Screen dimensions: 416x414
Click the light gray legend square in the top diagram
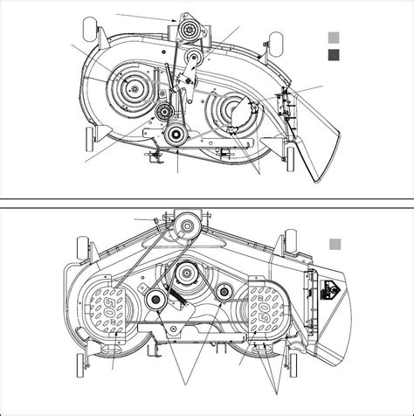click(333, 38)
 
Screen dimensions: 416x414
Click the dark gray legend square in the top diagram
click(333, 54)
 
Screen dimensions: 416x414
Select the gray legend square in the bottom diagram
click(333, 245)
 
